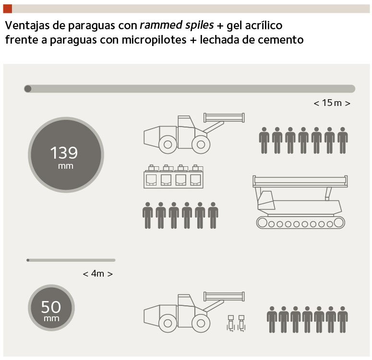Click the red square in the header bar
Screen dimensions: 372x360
click(x=8, y=9)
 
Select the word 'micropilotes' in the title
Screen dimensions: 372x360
click(x=154, y=40)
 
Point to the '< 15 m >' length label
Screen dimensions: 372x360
click(x=332, y=103)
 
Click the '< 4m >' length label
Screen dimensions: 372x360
click(x=98, y=274)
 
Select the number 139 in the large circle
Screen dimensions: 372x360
click(x=64, y=152)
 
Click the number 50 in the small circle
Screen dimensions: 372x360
click(x=51, y=307)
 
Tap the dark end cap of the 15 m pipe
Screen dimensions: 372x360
click(x=28, y=89)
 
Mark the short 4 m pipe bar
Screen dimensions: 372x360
click(x=71, y=260)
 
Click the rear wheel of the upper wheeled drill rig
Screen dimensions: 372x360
click(x=168, y=144)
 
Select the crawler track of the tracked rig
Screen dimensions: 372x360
click(x=300, y=223)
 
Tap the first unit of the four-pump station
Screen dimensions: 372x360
click(x=151, y=176)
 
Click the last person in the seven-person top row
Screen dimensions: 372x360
click(x=343, y=140)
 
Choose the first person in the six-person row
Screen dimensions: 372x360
click(x=147, y=215)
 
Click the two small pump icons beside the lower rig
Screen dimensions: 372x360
click(x=236, y=323)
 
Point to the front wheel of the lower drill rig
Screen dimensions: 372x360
click(x=201, y=323)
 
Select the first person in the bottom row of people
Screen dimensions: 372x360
click(x=272, y=319)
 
